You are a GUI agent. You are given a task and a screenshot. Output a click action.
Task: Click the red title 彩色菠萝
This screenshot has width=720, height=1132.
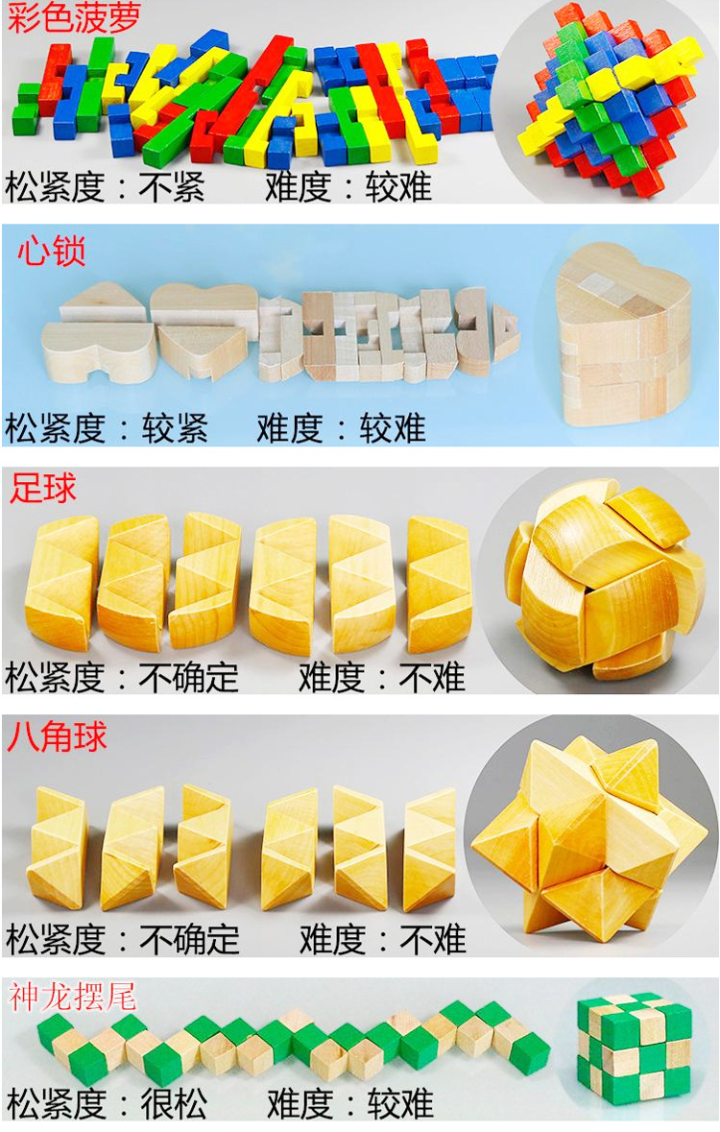74,18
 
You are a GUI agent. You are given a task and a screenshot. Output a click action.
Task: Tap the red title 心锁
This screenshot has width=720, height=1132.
51,252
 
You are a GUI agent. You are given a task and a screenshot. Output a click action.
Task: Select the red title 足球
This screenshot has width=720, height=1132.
42,488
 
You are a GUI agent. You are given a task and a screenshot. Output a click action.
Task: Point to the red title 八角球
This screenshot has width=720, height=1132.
57,737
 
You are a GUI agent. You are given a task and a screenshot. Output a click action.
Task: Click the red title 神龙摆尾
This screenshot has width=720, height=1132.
72,997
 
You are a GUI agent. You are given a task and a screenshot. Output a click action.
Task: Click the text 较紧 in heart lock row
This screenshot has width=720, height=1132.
176,427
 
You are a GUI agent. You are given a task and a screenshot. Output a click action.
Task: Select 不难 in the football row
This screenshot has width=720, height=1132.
432,677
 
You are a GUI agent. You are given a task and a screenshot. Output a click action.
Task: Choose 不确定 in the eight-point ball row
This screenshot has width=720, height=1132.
189,939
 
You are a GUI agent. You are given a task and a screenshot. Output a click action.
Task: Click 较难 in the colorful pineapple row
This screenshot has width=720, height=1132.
398,187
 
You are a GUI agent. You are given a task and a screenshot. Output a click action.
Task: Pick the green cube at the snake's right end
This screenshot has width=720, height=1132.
529,1052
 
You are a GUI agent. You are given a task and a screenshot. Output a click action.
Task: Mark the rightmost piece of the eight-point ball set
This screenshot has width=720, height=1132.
430,849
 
